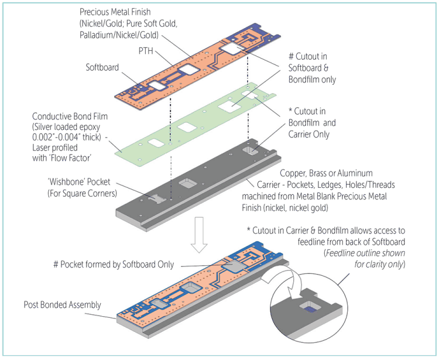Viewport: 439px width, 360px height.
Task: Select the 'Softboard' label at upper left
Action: point(102,67)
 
